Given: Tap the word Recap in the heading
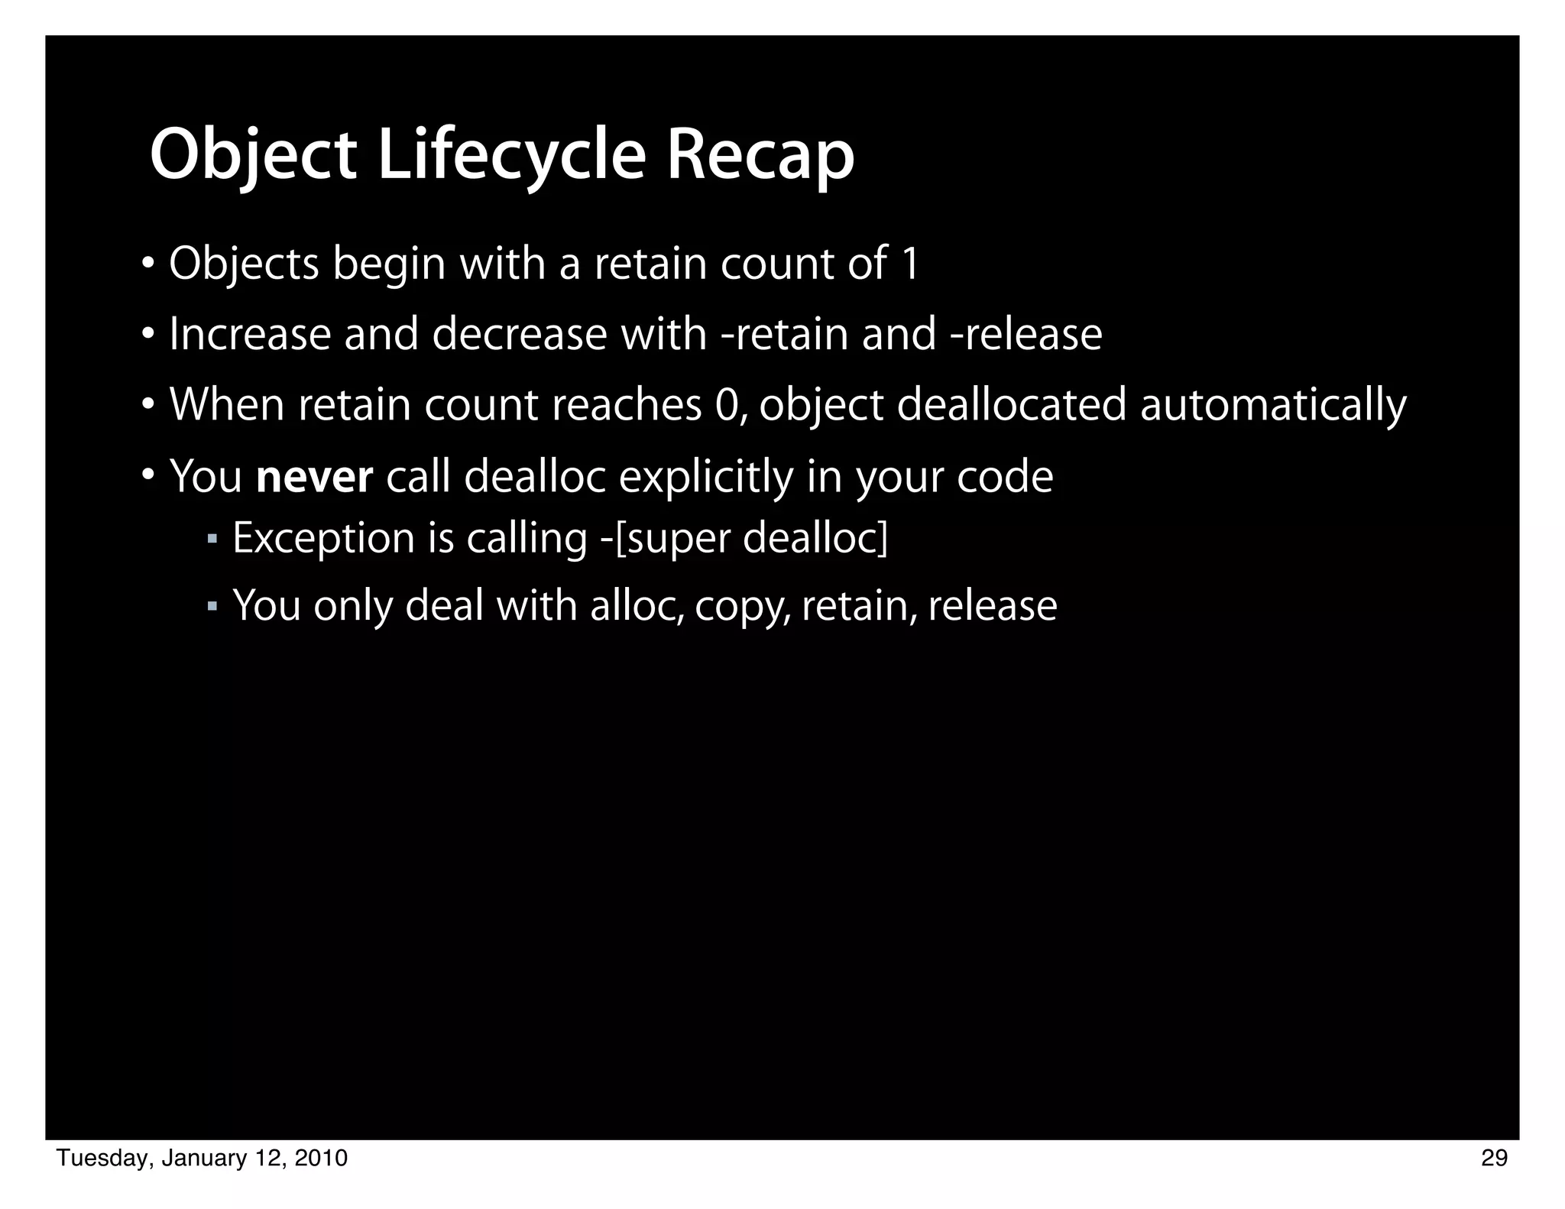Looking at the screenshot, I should [x=760, y=156].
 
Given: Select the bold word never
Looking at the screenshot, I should [x=315, y=477].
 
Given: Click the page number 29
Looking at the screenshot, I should [x=1494, y=1159].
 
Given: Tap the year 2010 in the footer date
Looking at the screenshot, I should [x=321, y=1159].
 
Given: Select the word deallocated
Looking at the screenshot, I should [x=1011, y=405].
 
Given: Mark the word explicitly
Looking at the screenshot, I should [x=706, y=477].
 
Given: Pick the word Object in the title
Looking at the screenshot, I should [x=253, y=156].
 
